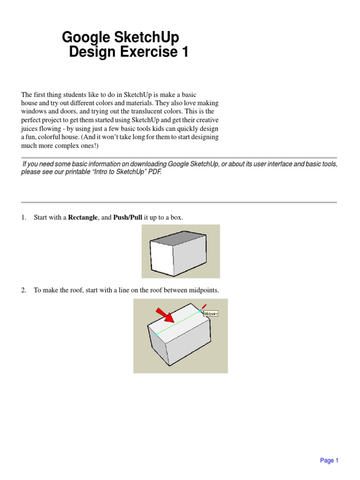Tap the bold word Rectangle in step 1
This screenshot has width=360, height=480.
pos(83,217)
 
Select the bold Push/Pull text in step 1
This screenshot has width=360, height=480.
pos(127,217)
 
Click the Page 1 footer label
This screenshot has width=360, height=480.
pos(329,460)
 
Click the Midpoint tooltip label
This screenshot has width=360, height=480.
pos(211,314)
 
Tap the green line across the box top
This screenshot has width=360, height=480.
pos(178,322)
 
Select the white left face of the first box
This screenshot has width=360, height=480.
pos(161,256)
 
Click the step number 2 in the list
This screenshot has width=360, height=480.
pos(23,291)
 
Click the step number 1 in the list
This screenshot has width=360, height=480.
pos(23,217)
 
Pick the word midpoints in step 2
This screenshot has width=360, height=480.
pos(203,291)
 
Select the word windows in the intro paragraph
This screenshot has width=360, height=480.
pos(33,111)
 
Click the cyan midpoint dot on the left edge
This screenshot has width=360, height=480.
pos(156,334)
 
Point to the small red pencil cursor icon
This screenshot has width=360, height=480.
pos(204,307)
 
